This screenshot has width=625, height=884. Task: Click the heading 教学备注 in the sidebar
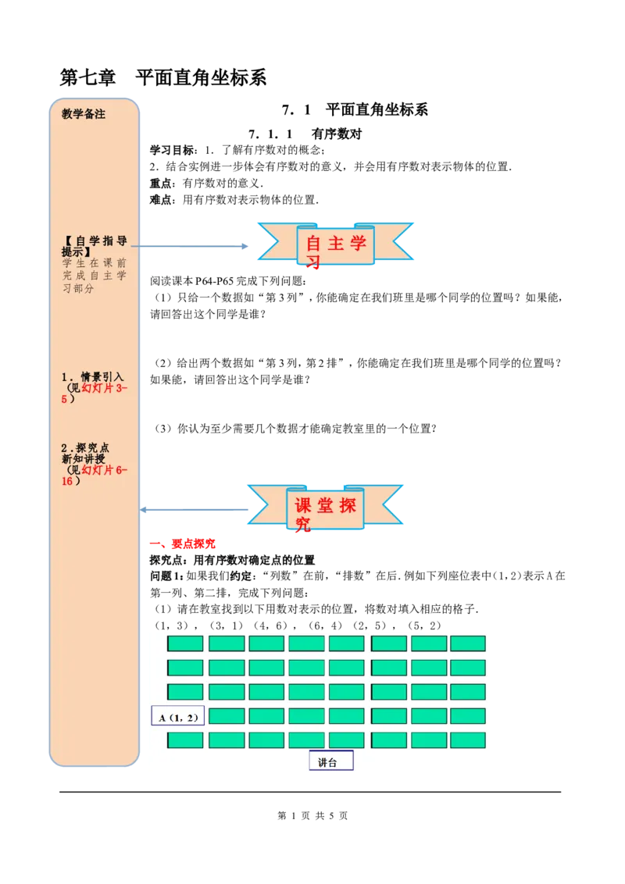[84, 114]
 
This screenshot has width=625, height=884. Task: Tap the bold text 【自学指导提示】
[94, 246]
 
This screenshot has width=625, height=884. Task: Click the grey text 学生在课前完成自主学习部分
[94, 276]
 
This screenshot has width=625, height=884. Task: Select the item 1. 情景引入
[93, 376]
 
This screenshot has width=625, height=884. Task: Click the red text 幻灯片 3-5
[102, 388]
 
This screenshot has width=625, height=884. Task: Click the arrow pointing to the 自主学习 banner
[191, 246]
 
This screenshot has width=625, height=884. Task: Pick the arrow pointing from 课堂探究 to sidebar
[195, 510]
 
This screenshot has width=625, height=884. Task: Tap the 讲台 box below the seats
[330, 761]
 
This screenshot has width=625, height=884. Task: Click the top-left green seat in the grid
[185, 643]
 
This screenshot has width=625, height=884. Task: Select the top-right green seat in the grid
[467, 643]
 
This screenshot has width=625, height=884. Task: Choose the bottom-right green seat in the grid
[467, 740]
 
